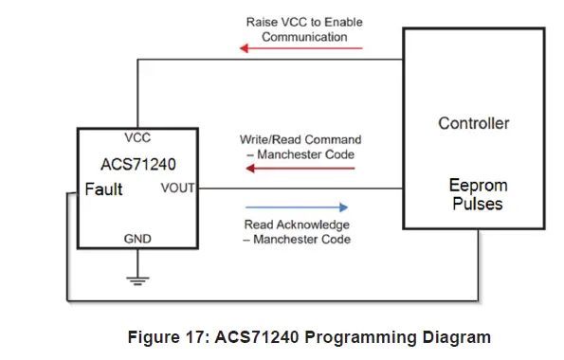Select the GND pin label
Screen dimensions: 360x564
[x=137, y=240]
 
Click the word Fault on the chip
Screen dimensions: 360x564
[x=103, y=189]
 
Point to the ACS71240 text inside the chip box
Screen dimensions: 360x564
[x=137, y=162]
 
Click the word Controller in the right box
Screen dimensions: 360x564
[x=473, y=123]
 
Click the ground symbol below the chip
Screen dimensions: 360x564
[x=137, y=279]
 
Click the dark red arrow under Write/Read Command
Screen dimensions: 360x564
[x=300, y=169]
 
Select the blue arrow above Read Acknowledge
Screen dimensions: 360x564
[x=296, y=207]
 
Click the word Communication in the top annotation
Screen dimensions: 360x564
[x=303, y=37]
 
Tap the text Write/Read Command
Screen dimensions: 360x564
[x=300, y=139]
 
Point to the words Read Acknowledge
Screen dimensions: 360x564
[x=296, y=225]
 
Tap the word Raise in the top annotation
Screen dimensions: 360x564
[x=262, y=22]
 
